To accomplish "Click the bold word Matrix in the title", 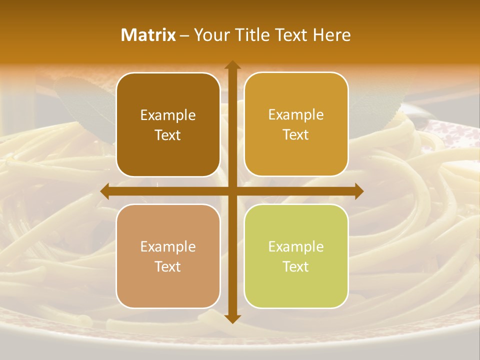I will pos(148,35).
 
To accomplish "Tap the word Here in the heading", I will pos(332,35).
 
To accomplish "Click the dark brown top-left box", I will pos(168,124).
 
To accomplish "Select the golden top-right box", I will pos(296,124).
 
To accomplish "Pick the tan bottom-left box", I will pos(168,256).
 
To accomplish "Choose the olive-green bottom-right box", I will pos(296,256).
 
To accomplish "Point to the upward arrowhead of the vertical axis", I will pos(232,65).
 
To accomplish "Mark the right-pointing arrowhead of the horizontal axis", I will pos(358,191).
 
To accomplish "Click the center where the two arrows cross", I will pos(232,191).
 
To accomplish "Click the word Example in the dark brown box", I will pos(168,115).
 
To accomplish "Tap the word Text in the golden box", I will pos(296,135).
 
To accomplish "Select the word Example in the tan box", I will pos(168,247).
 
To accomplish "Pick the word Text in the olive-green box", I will pos(296,266).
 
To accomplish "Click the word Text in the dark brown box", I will pos(168,135).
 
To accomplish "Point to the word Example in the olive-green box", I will pos(296,247).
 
